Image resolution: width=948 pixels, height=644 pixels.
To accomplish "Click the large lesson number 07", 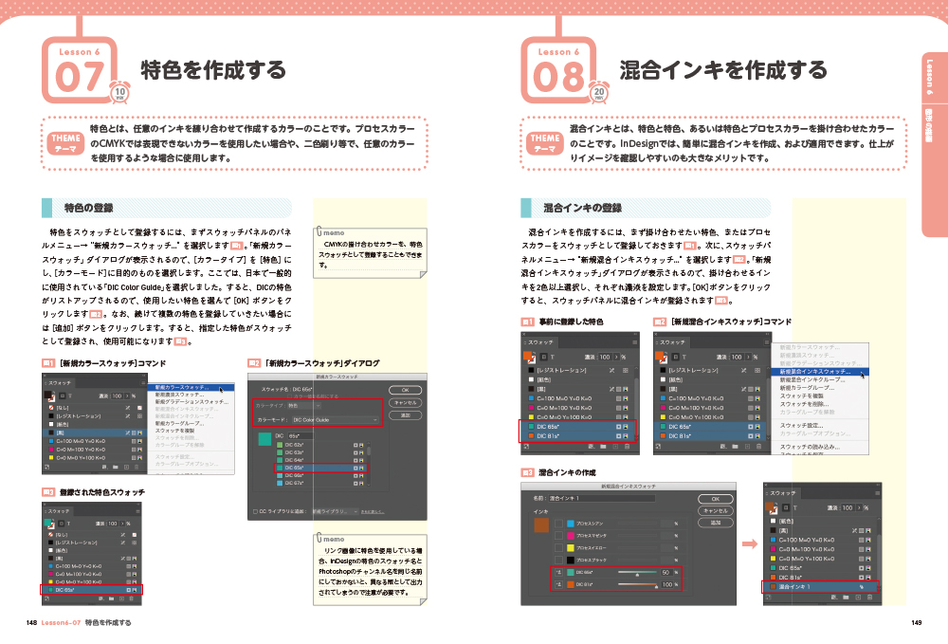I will tap(79, 78).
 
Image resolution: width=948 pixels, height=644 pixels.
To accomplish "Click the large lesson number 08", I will tap(558, 78).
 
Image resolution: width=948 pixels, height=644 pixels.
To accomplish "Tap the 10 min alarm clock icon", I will tap(120, 92).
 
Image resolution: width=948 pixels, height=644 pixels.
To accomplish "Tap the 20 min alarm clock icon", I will tap(600, 92).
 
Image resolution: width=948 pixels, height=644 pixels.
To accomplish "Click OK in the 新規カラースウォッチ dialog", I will tap(405, 389).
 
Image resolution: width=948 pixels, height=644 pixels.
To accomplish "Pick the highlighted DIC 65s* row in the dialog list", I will tap(319, 468).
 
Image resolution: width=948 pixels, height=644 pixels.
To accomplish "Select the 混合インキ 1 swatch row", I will tap(820, 587).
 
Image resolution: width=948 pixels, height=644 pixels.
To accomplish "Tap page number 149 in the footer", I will tap(915, 623).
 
